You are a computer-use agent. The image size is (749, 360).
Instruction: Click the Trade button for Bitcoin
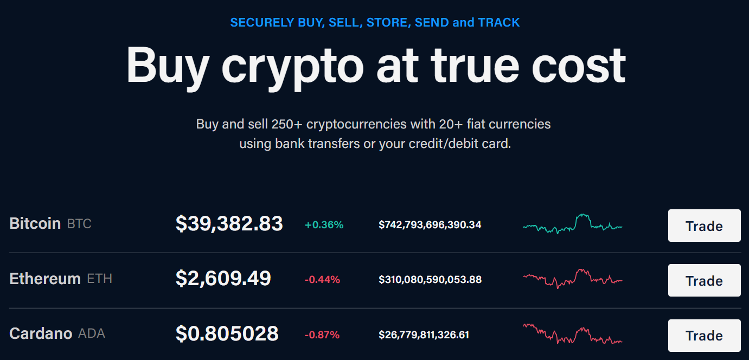[x=704, y=226]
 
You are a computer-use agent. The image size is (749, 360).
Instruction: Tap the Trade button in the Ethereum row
[x=704, y=280]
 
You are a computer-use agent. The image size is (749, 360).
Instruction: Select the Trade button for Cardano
[x=704, y=335]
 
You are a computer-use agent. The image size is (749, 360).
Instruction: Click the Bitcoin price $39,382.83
[x=229, y=223]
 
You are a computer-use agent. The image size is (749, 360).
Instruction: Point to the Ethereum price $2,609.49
[x=223, y=278]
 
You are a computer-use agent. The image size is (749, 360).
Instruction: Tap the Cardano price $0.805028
[x=227, y=333]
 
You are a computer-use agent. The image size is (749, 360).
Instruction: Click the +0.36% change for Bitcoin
[x=324, y=224]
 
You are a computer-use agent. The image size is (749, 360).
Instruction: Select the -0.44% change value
[x=322, y=280]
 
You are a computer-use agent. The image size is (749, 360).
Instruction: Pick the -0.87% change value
[x=322, y=335]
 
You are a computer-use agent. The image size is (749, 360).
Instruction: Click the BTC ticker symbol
[x=79, y=223]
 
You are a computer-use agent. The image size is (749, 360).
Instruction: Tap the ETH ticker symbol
[x=99, y=279]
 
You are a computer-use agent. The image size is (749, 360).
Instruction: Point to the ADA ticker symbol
[x=91, y=333]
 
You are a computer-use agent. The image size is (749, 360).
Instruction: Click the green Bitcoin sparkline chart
[x=573, y=223]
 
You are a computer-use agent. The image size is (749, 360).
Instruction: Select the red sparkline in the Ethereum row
[x=573, y=278]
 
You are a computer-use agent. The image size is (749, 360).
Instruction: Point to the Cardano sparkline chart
[x=573, y=333]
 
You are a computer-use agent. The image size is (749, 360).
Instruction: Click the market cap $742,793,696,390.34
[x=430, y=224]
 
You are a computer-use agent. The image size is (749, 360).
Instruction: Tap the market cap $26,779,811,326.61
[x=424, y=335]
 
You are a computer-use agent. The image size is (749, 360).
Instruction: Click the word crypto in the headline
[x=292, y=66]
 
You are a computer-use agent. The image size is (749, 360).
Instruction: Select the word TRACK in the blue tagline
[x=498, y=23]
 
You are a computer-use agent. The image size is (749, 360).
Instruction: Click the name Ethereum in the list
[x=45, y=279]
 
